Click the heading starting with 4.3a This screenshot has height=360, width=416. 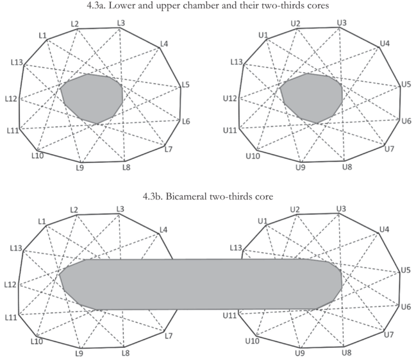[208, 6]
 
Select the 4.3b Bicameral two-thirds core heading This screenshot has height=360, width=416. [208, 195]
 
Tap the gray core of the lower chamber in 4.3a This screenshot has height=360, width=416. [92, 97]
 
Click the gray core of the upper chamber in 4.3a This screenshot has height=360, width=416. [312, 97]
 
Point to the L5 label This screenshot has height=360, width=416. [186, 85]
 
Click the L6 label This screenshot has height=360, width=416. [186, 121]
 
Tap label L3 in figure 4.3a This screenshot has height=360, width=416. [121, 23]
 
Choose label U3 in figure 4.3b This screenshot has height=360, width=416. [341, 210]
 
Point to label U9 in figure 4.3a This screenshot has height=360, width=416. [300, 167]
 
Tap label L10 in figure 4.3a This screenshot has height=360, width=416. [37, 155]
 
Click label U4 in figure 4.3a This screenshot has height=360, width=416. [385, 43]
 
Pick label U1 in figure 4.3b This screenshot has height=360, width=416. [262, 221]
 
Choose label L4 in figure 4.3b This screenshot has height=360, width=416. [163, 229]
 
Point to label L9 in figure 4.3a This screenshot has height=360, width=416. [79, 167]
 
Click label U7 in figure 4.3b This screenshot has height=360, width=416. [388, 335]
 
